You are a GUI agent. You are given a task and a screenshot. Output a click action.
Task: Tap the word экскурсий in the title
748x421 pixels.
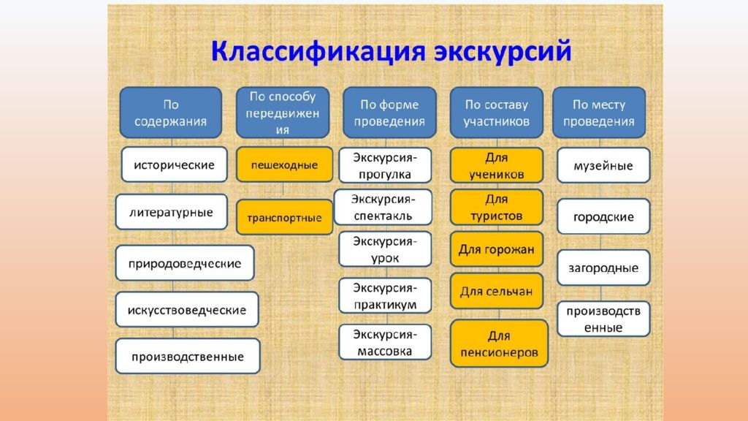click(x=503, y=50)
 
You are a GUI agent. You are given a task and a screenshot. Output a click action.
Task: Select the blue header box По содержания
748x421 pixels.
click(x=171, y=113)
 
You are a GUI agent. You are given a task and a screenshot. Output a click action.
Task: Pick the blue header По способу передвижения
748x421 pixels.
click(x=283, y=113)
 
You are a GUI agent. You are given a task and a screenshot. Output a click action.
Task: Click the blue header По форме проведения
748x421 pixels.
click(x=389, y=113)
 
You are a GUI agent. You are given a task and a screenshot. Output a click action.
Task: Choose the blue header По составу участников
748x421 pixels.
click(x=497, y=113)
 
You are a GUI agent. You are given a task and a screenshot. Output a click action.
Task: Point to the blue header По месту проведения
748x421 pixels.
click(x=599, y=113)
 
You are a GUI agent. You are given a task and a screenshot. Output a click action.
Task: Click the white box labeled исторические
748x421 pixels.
click(x=174, y=164)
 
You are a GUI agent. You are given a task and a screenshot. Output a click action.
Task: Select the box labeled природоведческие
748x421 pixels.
click(x=185, y=263)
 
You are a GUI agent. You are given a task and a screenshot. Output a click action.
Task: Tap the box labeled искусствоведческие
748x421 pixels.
click(x=187, y=310)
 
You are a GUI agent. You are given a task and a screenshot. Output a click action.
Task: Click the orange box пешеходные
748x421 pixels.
click(x=284, y=164)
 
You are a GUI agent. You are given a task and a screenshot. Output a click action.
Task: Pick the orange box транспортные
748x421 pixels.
click(x=284, y=217)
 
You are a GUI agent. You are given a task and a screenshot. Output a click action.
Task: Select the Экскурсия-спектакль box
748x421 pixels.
click(x=383, y=207)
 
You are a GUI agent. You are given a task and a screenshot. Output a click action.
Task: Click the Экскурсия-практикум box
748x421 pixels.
click(x=385, y=296)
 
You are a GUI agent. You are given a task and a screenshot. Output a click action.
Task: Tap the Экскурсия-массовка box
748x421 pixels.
click(x=385, y=342)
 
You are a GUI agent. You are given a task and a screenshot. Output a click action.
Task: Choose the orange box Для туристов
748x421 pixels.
click(x=497, y=207)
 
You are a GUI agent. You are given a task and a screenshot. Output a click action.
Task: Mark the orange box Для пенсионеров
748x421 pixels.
click(x=499, y=344)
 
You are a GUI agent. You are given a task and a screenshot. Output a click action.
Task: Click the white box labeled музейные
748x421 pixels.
click(x=603, y=165)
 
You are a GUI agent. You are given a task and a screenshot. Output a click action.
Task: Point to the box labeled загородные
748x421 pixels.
click(x=603, y=268)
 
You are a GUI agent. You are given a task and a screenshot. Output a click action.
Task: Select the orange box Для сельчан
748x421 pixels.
click(x=497, y=291)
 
